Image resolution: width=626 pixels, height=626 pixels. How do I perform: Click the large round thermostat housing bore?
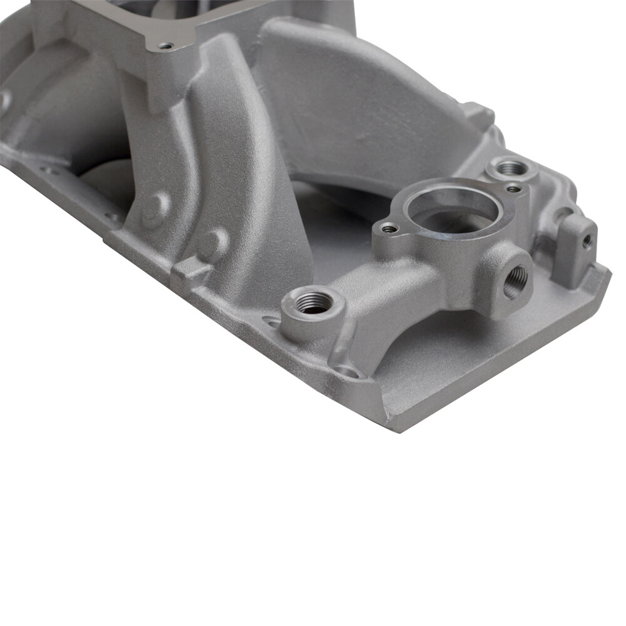coord(453,213)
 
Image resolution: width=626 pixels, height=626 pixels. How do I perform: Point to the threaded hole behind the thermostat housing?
coord(512,168)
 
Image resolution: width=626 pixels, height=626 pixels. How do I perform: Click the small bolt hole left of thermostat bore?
coord(389,228)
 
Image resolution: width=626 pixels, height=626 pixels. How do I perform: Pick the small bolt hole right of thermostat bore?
coord(513,188)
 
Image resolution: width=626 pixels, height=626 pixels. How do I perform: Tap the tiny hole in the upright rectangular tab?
coord(587,239)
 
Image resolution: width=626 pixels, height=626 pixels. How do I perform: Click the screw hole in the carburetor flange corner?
coord(165,46)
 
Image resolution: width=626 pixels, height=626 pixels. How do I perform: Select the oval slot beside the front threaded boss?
coord(271,322)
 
